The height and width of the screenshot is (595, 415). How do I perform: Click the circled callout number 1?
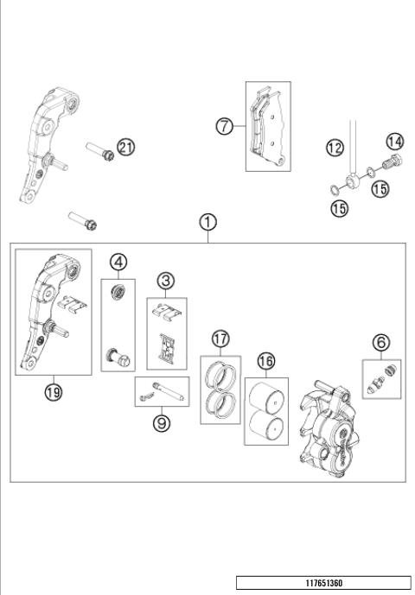coord(207,222)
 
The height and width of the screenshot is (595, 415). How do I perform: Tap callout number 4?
coord(118,260)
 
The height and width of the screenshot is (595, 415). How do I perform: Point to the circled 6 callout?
coord(379,343)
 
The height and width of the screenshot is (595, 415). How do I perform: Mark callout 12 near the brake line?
coord(335,148)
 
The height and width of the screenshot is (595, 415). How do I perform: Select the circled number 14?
coord(394,141)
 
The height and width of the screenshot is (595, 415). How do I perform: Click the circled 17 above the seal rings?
coord(220,339)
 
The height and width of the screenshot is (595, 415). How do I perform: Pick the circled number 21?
coord(126,148)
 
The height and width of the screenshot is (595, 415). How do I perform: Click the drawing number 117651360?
coord(323,584)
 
